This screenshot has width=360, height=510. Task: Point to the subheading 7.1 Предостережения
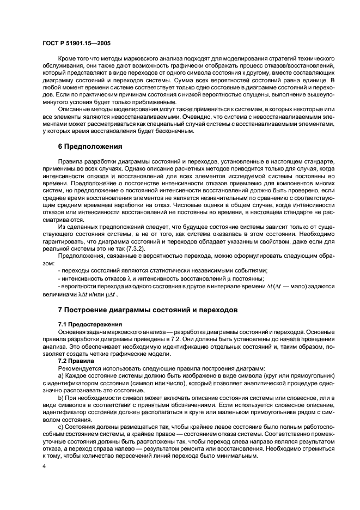click(90, 324)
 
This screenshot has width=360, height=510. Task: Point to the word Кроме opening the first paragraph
click(67, 57)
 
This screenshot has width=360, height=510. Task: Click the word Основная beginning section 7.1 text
click(72, 331)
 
